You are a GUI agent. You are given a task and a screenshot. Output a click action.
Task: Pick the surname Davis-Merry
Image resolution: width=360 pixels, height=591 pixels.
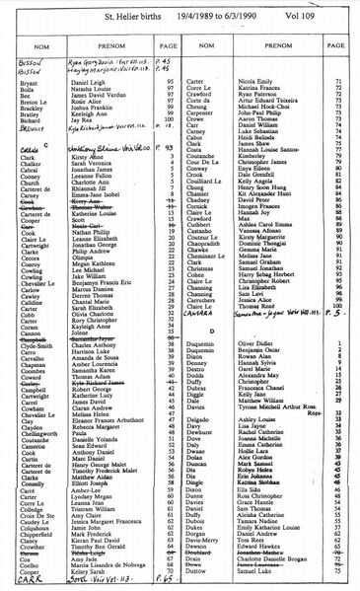(209, 542)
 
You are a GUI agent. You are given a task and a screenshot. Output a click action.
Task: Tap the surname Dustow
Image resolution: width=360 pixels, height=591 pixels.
(201, 569)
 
